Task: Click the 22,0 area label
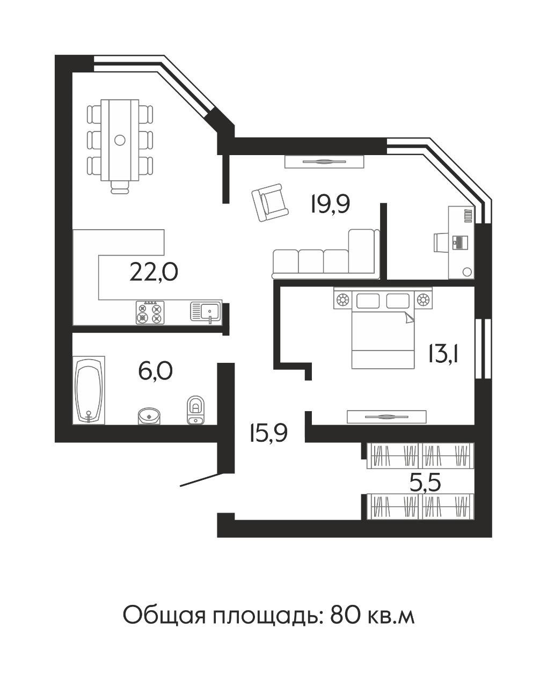click(x=154, y=272)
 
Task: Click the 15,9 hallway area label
click(x=268, y=432)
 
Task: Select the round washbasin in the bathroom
click(x=149, y=415)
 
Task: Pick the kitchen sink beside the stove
click(x=205, y=311)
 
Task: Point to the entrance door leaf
click(x=199, y=480)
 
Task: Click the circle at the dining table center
click(x=120, y=140)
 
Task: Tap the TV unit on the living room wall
click(x=325, y=162)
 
